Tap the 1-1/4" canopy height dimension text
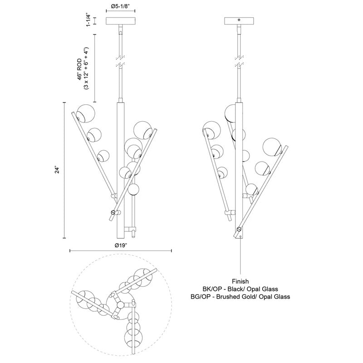pyautogui.click(x=89, y=21)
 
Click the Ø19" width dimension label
pyautogui.click(x=120, y=245)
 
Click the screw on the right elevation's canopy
pyautogui.click(x=240, y=20)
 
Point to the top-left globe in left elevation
pyautogui.click(x=85, y=113)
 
